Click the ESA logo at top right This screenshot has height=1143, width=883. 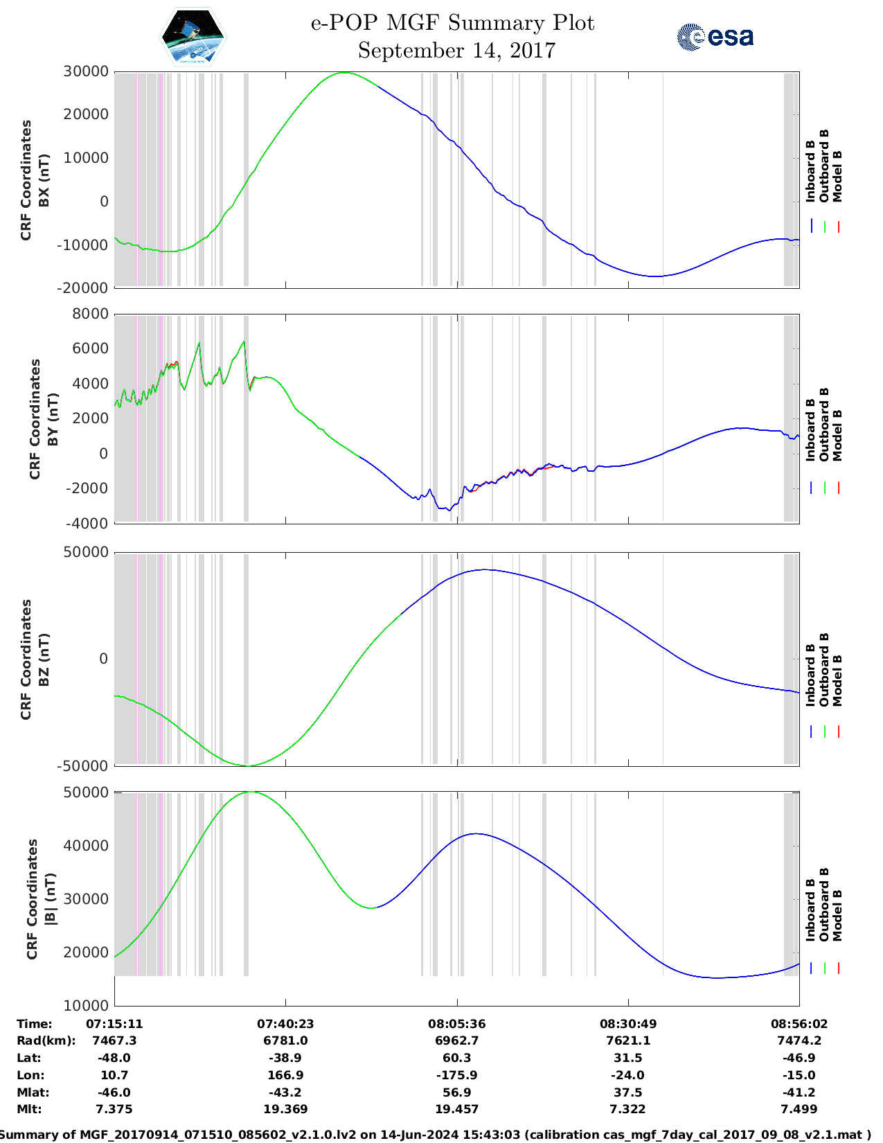[x=715, y=36]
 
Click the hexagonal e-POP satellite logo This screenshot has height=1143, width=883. [x=193, y=37]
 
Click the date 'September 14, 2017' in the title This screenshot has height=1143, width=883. [x=456, y=51]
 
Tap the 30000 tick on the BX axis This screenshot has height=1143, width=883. [x=86, y=71]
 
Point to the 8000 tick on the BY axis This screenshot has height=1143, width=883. [x=90, y=314]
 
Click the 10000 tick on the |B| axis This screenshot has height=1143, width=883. [x=86, y=1005]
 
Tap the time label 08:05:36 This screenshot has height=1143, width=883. [x=456, y=1023]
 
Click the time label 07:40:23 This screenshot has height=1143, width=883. [x=285, y=1023]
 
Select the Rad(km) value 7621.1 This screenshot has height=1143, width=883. [x=627, y=1040]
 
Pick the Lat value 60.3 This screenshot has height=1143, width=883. [x=456, y=1058]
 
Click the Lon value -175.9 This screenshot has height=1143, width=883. [x=456, y=1075]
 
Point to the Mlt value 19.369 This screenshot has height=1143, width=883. [x=285, y=1109]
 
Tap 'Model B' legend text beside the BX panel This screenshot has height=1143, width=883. [x=837, y=176]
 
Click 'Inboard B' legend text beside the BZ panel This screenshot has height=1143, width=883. [x=810, y=675]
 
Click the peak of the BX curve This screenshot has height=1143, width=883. [x=344, y=73]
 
